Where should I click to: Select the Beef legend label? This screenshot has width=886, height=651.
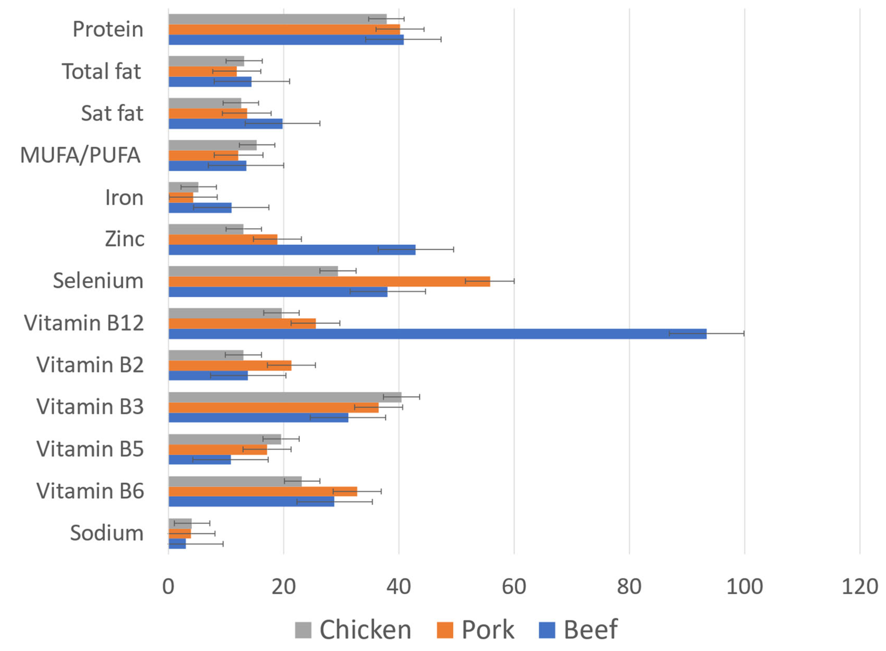click(590, 629)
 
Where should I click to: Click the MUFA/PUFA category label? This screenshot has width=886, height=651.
click(80, 155)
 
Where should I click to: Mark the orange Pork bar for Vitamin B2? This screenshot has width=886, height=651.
click(230, 365)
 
